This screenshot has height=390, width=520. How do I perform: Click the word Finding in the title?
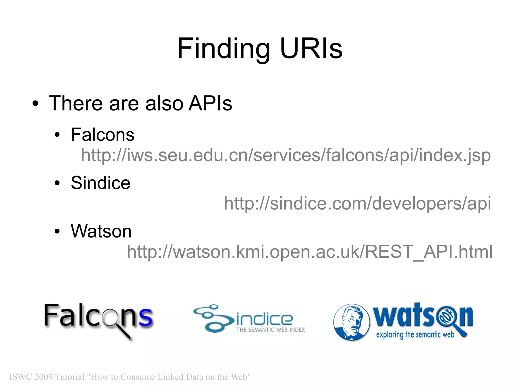(223, 49)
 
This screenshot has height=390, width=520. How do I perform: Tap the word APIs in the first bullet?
(210, 103)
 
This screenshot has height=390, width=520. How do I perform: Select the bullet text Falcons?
(103, 135)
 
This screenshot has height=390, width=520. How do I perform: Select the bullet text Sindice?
(101, 183)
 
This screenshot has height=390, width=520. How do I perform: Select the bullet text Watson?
(101, 231)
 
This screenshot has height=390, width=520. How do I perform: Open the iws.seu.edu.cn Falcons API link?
(286, 155)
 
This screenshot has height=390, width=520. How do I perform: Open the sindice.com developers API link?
(357, 204)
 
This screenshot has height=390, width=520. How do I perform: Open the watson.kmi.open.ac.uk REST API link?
(310, 252)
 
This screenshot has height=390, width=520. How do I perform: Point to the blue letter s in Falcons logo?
(145, 316)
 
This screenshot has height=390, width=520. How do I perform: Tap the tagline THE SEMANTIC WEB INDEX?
(270, 330)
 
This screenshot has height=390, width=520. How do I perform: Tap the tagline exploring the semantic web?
(415, 335)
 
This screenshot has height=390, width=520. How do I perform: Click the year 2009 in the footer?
(43, 377)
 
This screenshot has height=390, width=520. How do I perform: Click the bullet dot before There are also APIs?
(35, 104)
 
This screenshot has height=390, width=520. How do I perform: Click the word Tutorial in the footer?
(70, 377)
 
